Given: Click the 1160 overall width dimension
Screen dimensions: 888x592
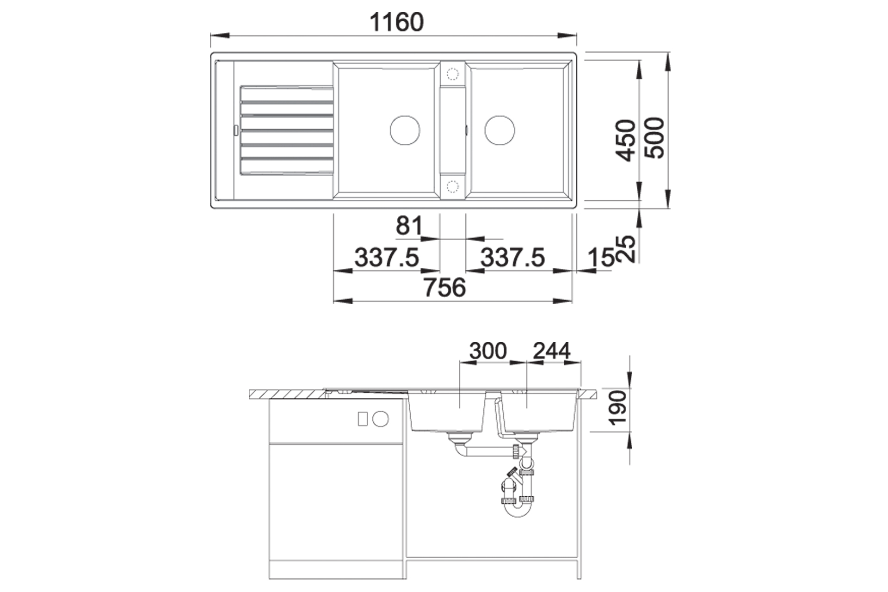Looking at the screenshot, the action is click(397, 22).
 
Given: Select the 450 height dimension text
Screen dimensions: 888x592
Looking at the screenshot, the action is click(628, 141).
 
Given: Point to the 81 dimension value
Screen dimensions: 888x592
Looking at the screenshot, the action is click(409, 226).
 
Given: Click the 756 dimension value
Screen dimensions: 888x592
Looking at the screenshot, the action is click(445, 288).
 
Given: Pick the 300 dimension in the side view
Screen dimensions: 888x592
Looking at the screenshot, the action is click(488, 351).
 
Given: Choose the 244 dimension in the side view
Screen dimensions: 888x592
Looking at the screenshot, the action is click(552, 351).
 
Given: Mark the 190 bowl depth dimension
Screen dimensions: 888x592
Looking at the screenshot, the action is click(618, 407).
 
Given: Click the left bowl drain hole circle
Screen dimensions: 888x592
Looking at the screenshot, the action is click(405, 130).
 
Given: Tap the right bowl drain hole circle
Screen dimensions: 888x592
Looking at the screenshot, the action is click(499, 130).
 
